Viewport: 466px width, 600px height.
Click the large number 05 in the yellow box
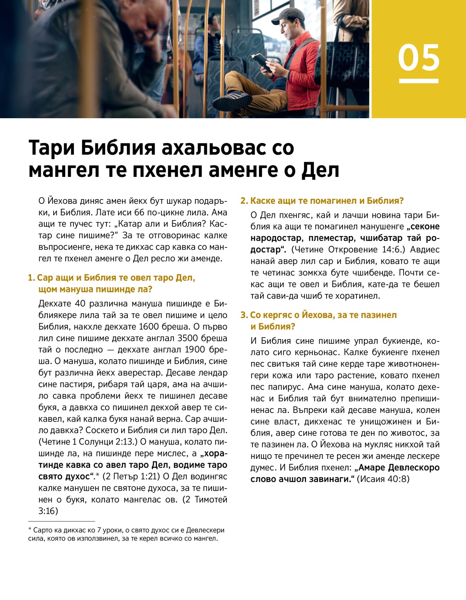419,58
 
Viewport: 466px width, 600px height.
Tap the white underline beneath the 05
419,81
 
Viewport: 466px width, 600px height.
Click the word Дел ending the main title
320,170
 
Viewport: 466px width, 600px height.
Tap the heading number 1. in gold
31,278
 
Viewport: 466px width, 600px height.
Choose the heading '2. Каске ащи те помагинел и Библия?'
322,201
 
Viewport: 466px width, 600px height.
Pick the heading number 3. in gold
244,315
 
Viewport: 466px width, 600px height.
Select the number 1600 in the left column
149,327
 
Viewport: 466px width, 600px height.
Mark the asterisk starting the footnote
30,530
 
